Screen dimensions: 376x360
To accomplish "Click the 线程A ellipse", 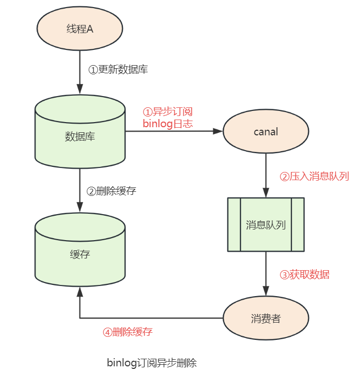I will point(80,28).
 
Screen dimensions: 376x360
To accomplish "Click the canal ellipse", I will point(266,132).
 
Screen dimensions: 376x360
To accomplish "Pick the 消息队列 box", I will point(265,224).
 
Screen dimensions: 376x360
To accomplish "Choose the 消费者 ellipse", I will point(266,319).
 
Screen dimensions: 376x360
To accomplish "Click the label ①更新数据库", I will point(118,70).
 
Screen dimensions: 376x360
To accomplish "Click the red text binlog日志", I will point(167,124).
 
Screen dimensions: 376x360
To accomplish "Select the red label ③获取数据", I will point(305,275).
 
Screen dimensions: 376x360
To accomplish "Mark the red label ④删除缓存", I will point(127,332).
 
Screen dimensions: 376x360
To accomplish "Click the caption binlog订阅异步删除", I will point(152,363).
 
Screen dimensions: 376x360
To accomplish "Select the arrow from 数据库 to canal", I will point(173,131).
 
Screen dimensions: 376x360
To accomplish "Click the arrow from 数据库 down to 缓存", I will point(80,190).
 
